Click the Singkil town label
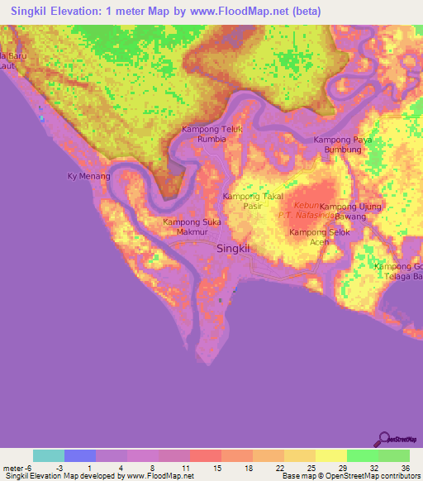233,248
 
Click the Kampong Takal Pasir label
254,202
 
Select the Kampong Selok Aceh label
319,237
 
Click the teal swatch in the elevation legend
49,455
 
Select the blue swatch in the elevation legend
80,455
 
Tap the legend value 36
405,467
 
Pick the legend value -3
59,467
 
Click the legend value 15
216,467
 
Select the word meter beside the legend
13,467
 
